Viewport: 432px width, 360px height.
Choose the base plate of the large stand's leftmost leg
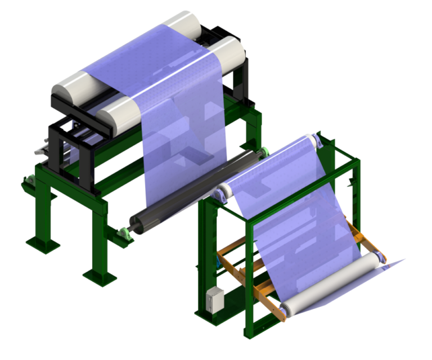point(42,244)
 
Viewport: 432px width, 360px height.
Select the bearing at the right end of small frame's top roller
point(318,141)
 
